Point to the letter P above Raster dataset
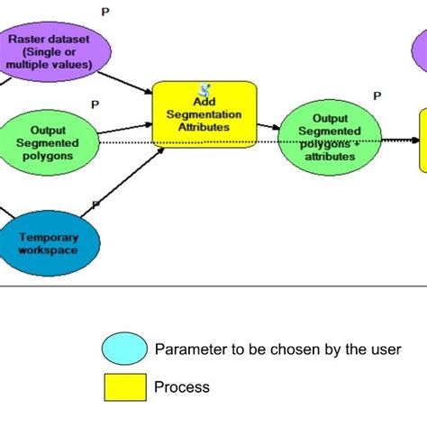[x=105, y=12]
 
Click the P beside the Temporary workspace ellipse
[x=95, y=204]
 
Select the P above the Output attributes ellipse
[x=377, y=95]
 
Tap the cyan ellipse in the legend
[x=125, y=349]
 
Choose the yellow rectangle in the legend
[x=125, y=387]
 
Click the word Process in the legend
[x=182, y=387]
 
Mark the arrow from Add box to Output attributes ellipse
[x=269, y=128]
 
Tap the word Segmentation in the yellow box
[x=204, y=114]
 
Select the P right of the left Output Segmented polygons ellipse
[x=94, y=104]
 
